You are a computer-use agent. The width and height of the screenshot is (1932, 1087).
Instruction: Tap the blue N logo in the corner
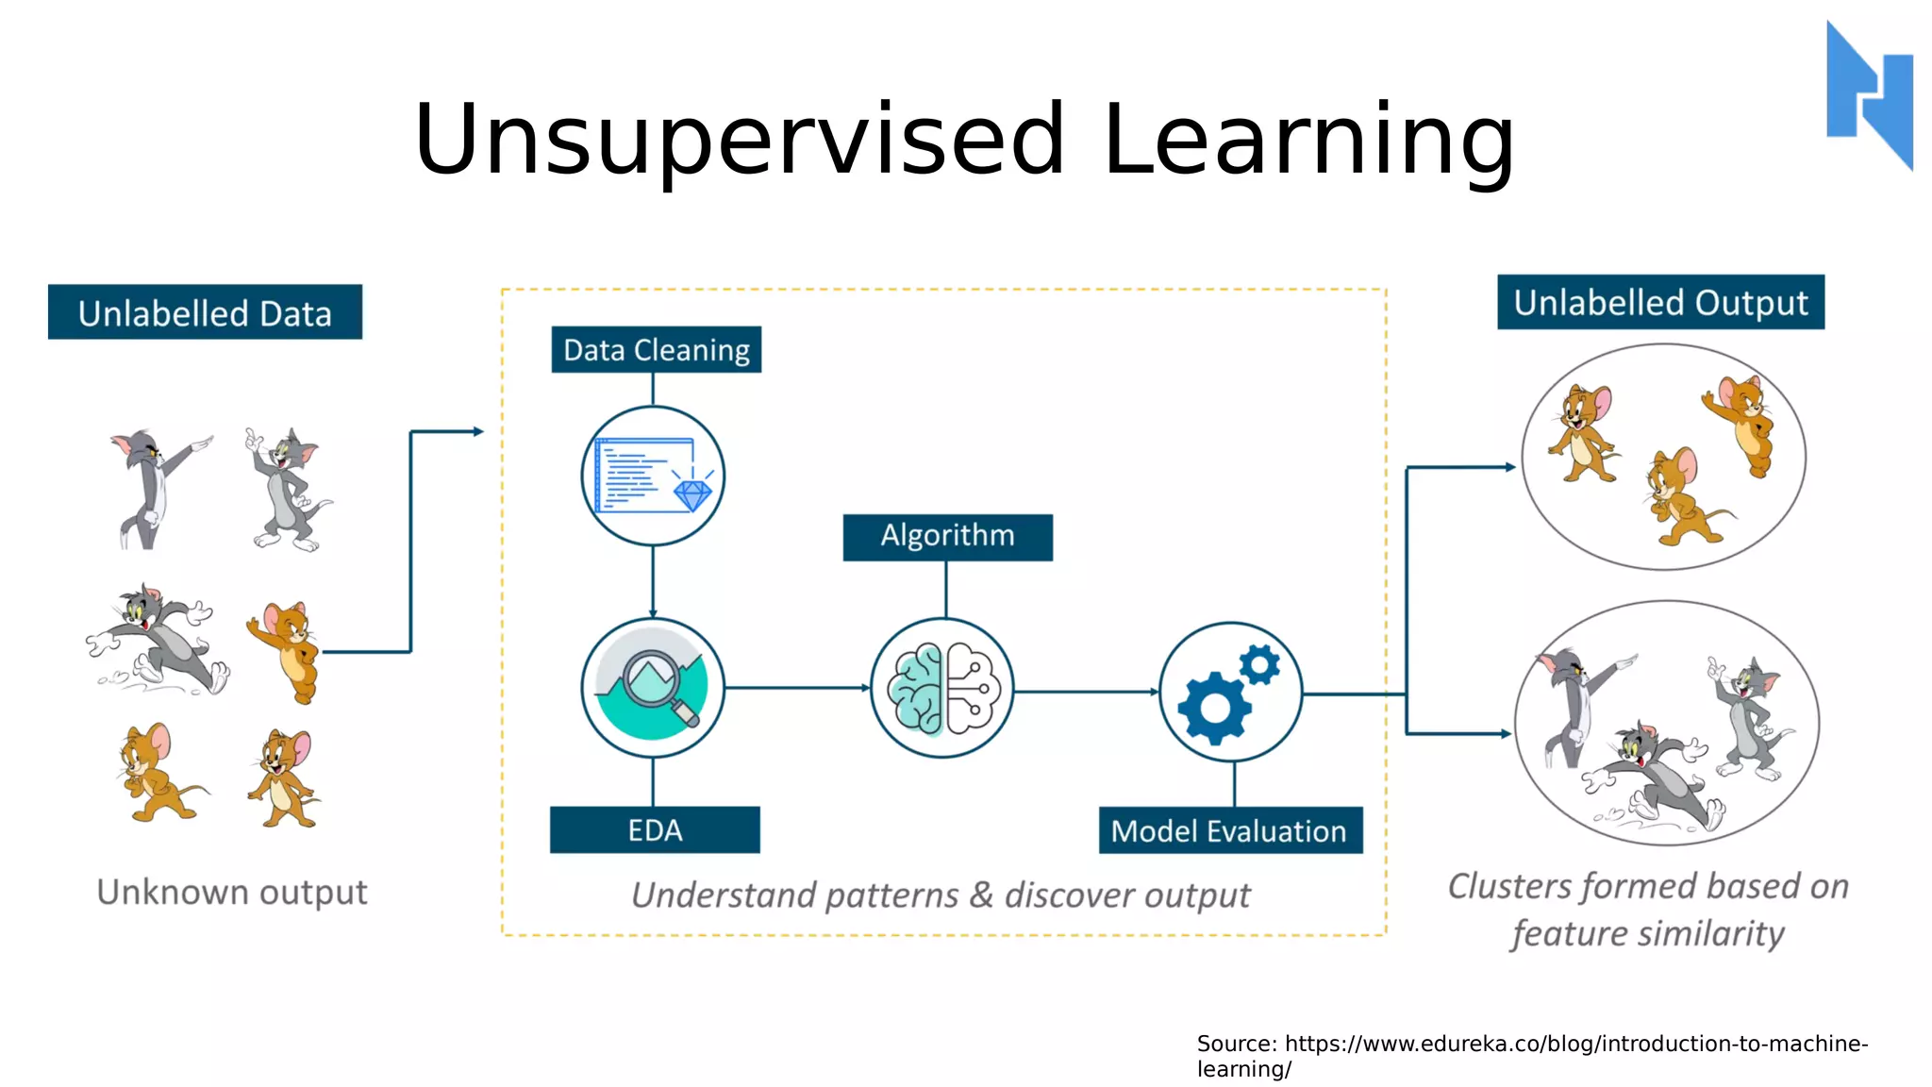point(1869,94)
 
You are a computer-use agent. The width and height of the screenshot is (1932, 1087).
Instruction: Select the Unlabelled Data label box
point(205,312)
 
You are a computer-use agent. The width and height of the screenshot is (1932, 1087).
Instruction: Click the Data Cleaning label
point(656,350)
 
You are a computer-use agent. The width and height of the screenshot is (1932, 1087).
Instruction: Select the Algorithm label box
point(947,537)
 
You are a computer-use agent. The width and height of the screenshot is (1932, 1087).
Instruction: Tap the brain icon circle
point(941,688)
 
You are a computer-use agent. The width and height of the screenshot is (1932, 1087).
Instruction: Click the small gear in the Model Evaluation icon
point(1259,664)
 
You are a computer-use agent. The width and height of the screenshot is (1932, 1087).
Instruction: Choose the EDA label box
point(655,830)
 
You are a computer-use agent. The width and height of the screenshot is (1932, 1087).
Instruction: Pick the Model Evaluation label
point(1229,831)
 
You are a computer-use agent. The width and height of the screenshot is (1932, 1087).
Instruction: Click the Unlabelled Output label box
point(1660,303)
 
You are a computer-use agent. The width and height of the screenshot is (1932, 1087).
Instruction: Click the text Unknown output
point(232,892)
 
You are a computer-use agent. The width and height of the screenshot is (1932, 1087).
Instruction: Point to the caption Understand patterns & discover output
point(940,895)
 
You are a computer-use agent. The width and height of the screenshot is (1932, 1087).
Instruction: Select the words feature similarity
point(1647,934)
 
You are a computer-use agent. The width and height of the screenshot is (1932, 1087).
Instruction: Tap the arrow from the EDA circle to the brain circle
point(797,688)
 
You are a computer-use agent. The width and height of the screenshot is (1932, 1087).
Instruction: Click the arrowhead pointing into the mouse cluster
point(1509,467)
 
